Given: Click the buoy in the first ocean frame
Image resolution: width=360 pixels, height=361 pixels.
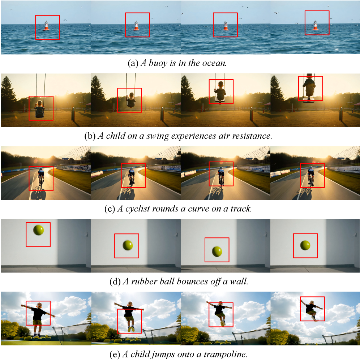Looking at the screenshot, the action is coord(46,26).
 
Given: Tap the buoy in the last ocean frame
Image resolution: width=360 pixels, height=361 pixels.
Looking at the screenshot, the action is coord(315,26).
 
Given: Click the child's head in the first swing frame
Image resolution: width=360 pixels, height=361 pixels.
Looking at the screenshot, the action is coord(40,103).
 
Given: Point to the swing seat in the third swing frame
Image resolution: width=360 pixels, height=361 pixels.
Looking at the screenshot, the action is coord(220,100).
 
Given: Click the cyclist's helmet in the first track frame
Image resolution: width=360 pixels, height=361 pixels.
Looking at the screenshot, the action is coord(41,169).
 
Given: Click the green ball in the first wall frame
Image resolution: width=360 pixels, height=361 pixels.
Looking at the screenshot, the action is coord(38,230).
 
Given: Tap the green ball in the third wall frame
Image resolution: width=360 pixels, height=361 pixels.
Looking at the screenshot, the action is coord(217,252).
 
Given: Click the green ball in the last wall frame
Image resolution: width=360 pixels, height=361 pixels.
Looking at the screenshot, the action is coord(305,245).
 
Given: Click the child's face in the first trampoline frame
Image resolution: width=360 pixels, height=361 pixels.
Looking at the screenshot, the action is coord(39,306).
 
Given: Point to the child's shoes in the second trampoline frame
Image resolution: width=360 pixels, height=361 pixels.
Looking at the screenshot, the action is coord(131,328).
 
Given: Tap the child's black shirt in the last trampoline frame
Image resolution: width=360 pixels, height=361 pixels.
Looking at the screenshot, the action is coord(311,308).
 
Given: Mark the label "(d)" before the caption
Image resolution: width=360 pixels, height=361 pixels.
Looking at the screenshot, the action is coord(115,282).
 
